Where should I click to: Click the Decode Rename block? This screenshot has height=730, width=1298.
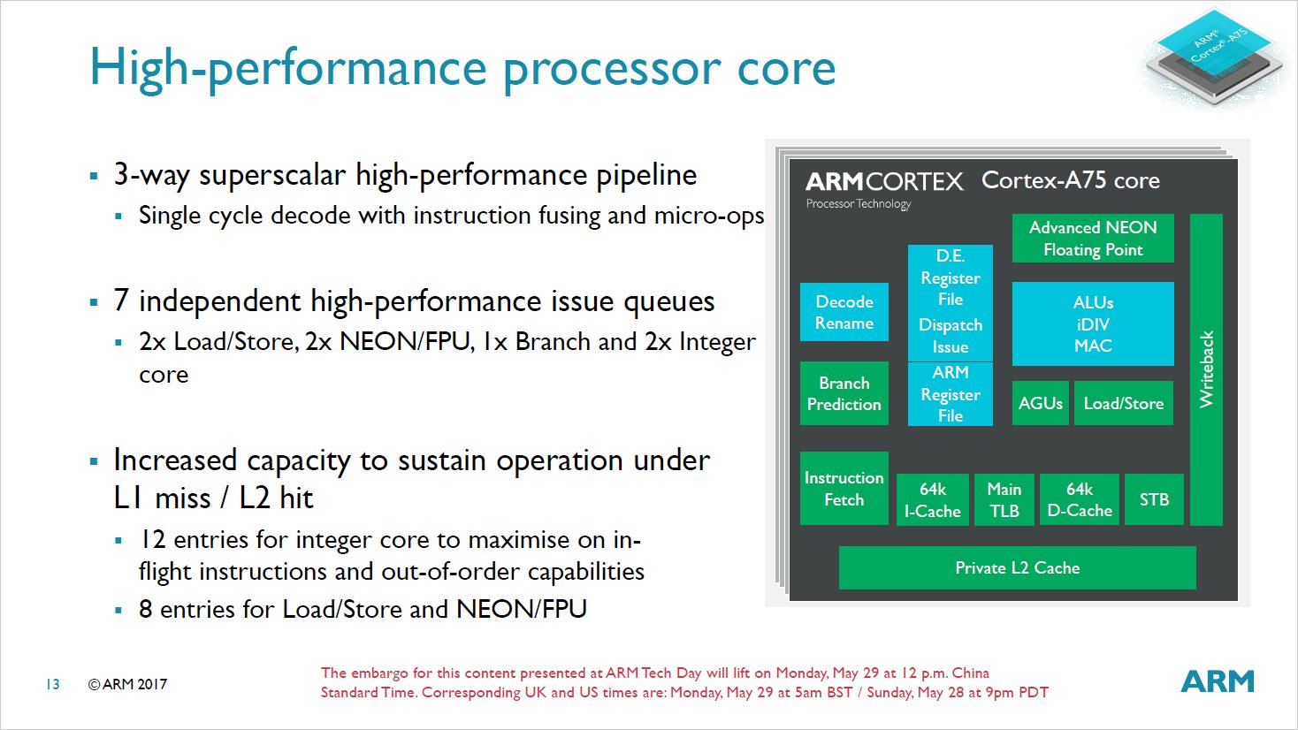844,312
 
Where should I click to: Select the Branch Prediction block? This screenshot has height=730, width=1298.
844,393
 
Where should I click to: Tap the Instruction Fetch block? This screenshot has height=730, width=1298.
844,488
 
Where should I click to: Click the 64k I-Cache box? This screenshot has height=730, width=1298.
932,499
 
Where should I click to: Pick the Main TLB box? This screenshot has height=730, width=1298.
1004,499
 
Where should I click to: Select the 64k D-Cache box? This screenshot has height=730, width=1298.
1079,499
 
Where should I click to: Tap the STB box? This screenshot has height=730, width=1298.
1154,499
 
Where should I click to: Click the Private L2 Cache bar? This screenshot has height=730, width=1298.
1017,567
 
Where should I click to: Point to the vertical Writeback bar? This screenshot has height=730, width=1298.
1206,369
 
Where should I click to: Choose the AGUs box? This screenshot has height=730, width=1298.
1040,403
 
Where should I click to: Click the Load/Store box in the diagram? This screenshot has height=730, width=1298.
1123,403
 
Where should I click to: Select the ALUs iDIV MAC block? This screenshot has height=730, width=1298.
1093,323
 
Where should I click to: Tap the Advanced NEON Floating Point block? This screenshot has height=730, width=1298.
1093,239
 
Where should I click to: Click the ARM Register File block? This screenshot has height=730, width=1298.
950,394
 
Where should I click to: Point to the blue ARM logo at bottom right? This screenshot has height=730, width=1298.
1218,681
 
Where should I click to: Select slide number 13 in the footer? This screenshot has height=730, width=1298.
53,684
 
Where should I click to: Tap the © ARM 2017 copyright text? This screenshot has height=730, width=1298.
127,684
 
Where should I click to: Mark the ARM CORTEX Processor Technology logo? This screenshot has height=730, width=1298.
883,189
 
